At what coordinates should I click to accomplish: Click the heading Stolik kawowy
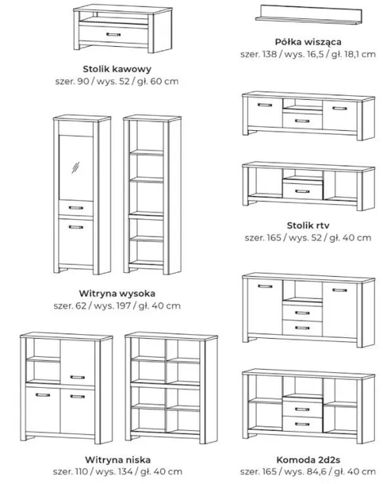click(117, 69)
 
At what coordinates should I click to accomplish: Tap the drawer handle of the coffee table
click(113, 34)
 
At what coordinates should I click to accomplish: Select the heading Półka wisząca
click(308, 42)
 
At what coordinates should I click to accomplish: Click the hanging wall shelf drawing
click(308, 14)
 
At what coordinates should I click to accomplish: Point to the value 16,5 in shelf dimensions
click(314, 54)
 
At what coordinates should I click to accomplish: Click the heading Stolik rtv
click(308, 225)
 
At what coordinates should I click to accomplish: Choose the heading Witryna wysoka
click(117, 294)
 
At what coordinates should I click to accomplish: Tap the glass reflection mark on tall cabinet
click(75, 167)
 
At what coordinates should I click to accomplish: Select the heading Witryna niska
click(117, 460)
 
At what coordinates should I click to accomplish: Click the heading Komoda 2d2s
click(308, 460)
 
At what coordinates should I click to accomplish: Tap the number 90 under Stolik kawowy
click(82, 82)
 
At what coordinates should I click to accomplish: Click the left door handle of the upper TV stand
click(265, 105)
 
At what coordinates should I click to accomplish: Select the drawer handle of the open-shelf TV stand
click(302, 191)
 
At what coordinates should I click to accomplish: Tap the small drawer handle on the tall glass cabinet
click(76, 208)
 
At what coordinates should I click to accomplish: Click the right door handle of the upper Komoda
click(340, 290)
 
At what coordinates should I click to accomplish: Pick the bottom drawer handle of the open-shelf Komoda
click(302, 424)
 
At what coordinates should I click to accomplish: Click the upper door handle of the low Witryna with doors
click(78, 377)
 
